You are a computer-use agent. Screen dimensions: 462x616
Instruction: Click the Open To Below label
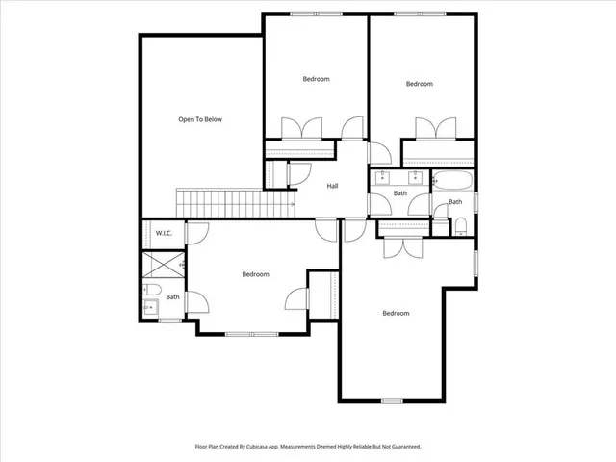[x=200, y=119]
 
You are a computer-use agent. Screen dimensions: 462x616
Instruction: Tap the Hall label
[x=332, y=186]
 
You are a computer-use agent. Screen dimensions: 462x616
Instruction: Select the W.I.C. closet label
[x=163, y=233]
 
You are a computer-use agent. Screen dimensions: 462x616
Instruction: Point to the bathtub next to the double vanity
[x=453, y=180]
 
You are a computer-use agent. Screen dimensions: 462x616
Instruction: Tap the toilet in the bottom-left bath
[x=152, y=290]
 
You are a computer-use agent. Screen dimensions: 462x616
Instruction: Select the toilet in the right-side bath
[x=461, y=226]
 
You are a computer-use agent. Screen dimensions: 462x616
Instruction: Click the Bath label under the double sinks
[x=400, y=193]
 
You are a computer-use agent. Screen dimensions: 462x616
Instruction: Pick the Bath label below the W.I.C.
[x=172, y=296]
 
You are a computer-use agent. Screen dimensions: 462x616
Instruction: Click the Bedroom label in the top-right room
[x=419, y=84]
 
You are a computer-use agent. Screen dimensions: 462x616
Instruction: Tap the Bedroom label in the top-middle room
[x=316, y=79]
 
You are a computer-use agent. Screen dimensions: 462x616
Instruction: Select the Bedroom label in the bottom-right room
[x=396, y=313]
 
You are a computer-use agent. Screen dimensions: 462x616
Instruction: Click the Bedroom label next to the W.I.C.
[x=255, y=274]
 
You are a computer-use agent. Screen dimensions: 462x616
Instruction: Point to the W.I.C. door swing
[x=196, y=232]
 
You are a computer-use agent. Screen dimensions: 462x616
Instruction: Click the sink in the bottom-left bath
[x=150, y=308]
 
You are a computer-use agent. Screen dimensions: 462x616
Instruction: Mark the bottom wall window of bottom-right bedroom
[x=391, y=400]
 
